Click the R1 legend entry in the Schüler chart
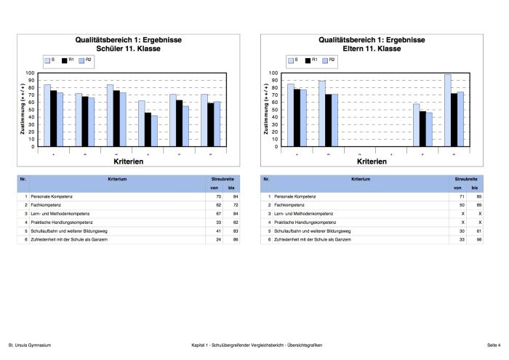(66, 60)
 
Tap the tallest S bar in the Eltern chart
(447, 111)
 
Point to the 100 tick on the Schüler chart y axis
(31, 73)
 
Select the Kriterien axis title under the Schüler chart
(127, 161)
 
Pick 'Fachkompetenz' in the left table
(46, 206)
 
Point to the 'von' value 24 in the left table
(217, 239)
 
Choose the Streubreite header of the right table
(466, 177)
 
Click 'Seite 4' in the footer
(494, 345)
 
